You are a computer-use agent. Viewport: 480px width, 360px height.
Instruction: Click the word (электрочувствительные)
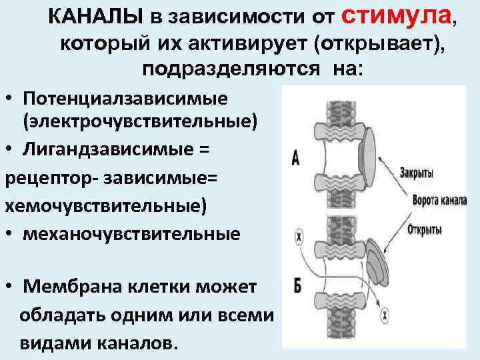coord(139,122)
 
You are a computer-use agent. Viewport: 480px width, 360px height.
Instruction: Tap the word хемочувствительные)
coord(106,205)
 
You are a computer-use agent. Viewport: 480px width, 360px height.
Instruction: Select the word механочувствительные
coord(131,234)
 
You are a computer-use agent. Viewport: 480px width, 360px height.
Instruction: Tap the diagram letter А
coord(295,158)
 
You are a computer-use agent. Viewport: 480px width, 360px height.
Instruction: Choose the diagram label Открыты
coord(425,229)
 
